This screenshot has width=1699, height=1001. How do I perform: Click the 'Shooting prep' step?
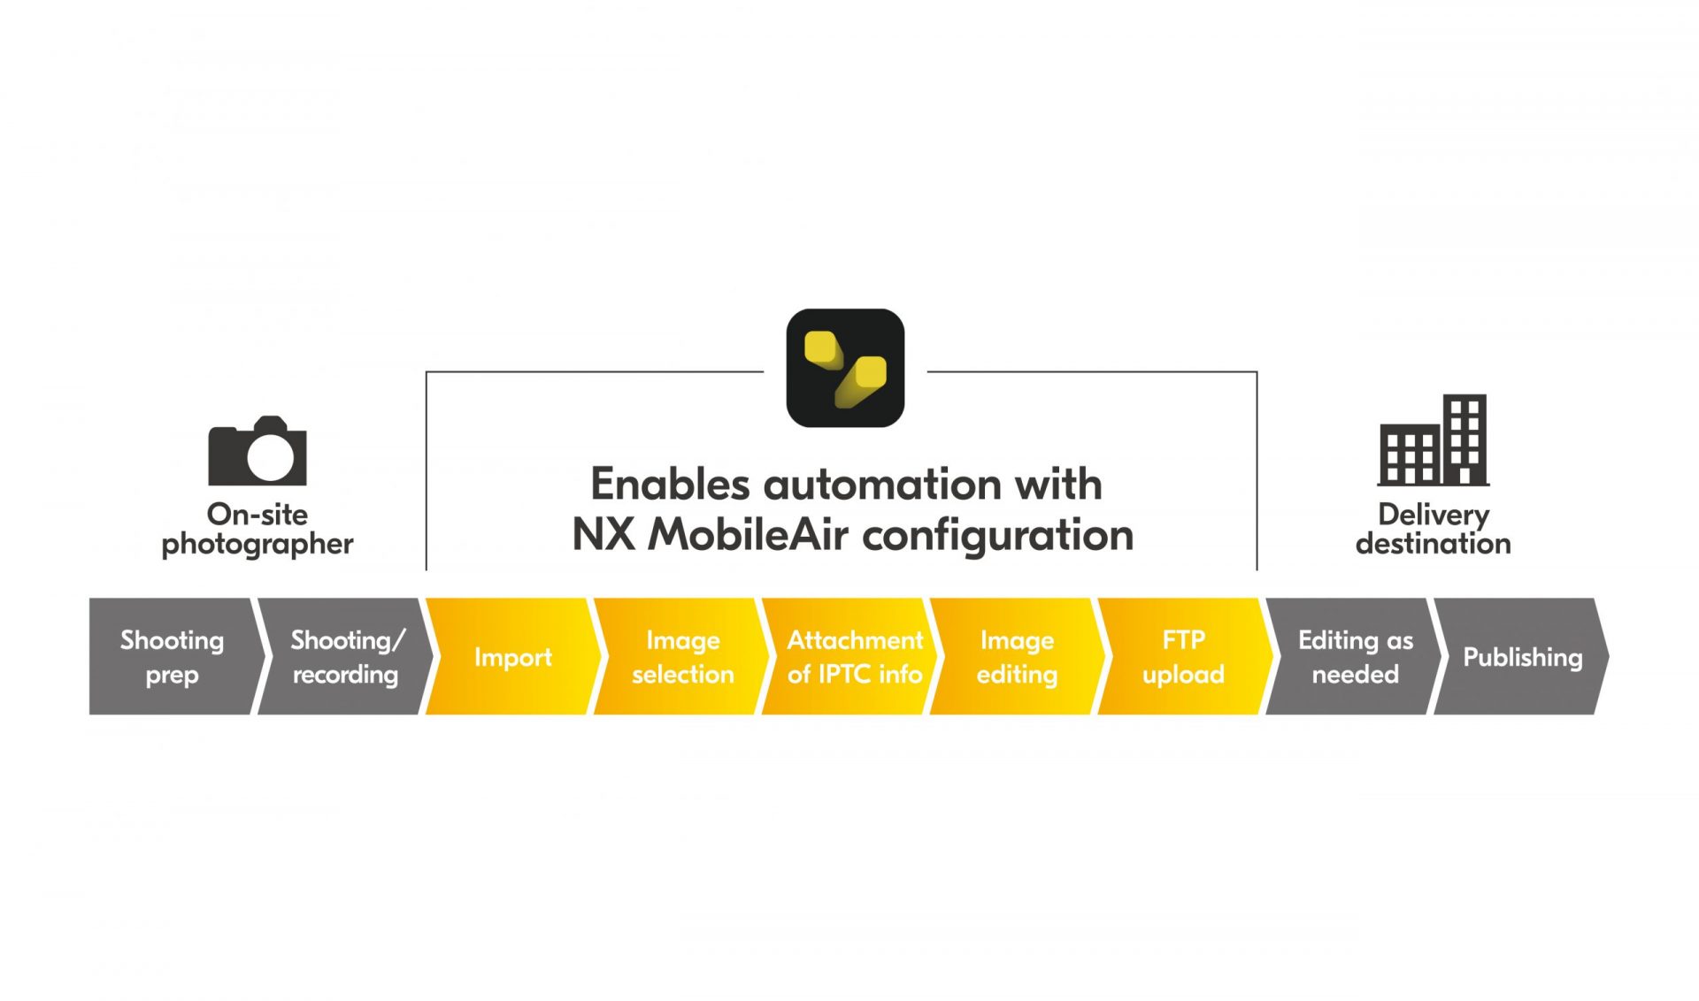click(x=172, y=656)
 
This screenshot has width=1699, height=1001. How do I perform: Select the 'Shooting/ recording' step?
click(x=344, y=656)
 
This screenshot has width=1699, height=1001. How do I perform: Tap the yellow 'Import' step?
click(x=512, y=656)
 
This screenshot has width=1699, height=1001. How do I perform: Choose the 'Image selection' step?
click(x=681, y=656)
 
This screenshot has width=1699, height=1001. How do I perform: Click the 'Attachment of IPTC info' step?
click(x=854, y=656)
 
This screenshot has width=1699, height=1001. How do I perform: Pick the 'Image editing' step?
click(x=1017, y=656)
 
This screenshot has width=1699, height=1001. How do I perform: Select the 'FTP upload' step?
click(x=1183, y=656)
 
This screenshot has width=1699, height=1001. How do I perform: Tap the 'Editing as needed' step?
click(x=1354, y=656)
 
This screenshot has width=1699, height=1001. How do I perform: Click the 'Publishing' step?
click(x=1522, y=656)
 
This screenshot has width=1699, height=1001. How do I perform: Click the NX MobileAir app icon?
click(x=845, y=368)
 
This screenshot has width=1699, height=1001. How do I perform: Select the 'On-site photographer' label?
click(x=257, y=529)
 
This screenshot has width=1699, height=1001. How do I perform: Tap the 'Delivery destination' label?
click(x=1434, y=529)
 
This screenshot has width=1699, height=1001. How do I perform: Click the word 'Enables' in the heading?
click(x=670, y=485)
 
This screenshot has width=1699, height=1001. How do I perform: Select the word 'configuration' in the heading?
click(x=997, y=535)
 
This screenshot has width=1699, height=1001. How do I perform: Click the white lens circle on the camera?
click(x=270, y=455)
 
